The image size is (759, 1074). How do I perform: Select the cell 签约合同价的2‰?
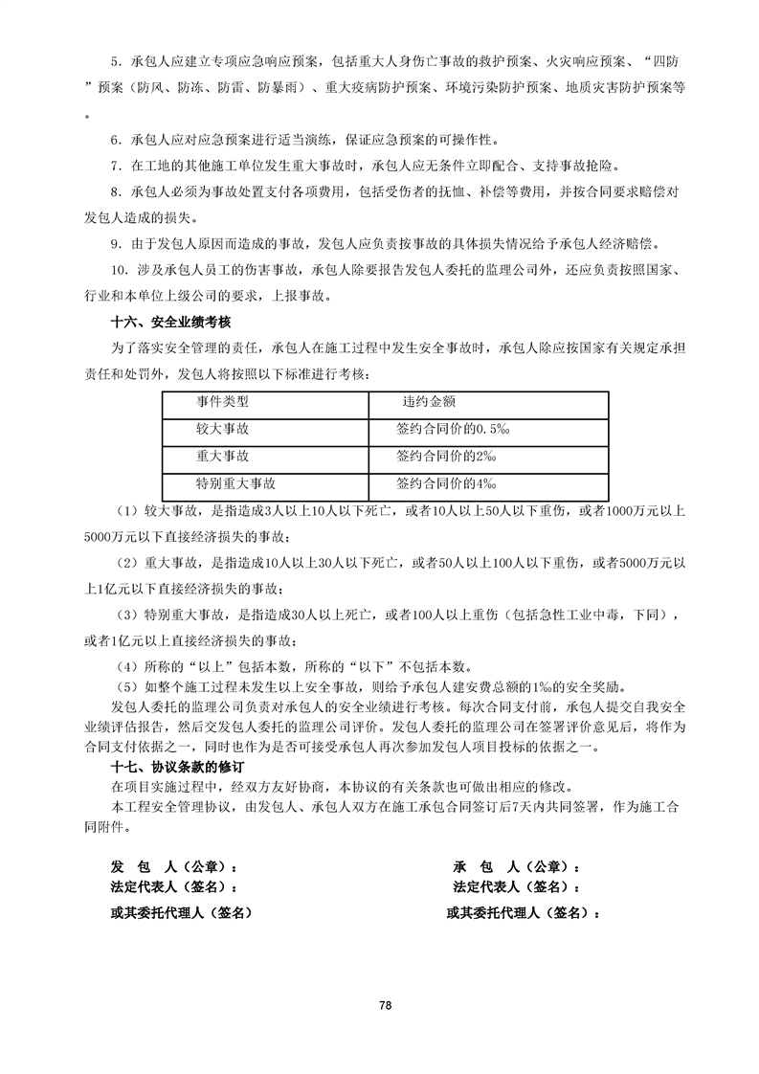(x=438, y=457)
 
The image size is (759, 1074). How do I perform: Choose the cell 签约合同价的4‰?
(x=438, y=483)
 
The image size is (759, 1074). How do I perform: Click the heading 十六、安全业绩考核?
(x=172, y=324)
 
